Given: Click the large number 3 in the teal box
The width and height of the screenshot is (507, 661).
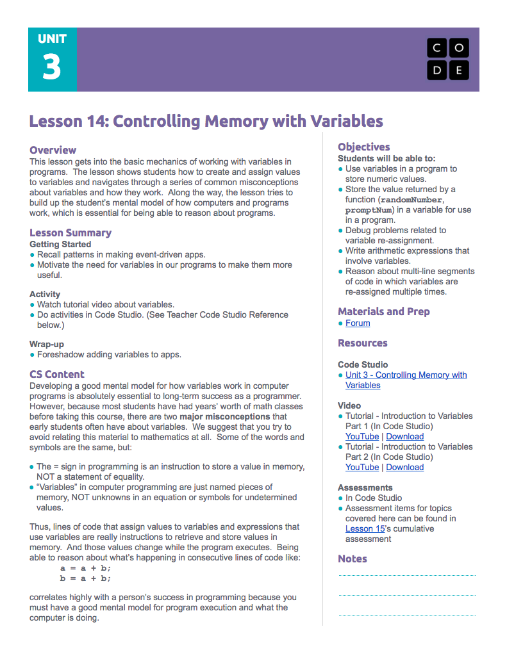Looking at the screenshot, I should tap(51, 67).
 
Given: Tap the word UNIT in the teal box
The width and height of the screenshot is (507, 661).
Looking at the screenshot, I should tap(51, 38).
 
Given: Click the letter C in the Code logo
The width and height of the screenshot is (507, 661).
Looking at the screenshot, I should tap(436, 48).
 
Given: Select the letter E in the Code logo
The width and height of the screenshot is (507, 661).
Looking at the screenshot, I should tap(458, 70).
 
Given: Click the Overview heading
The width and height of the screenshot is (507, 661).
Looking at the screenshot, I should tap(53, 150).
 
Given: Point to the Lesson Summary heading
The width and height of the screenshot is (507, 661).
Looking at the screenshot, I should tap(70, 233).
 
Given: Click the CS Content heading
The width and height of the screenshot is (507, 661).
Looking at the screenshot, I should tap(56, 374).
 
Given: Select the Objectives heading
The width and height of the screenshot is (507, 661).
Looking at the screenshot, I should tap(363, 147).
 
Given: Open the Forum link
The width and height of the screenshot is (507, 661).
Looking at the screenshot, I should tap(357, 323).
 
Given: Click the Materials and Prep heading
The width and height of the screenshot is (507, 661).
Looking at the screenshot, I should tap(383, 311).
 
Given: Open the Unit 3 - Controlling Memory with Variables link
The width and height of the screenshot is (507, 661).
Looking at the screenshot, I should tap(406, 380).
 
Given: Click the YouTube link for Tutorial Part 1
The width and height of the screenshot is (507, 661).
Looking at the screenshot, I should tap(362, 436).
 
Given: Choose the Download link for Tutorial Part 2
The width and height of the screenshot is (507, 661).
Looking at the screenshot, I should tap(404, 467).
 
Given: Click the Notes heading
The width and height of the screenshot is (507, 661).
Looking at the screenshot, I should tap(352, 559).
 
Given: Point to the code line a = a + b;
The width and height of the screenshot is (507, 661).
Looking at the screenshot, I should tap(85, 567).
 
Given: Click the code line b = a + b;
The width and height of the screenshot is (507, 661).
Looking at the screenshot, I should tap(85, 578).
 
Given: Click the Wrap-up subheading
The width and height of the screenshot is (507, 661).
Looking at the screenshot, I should tap(46, 344).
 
